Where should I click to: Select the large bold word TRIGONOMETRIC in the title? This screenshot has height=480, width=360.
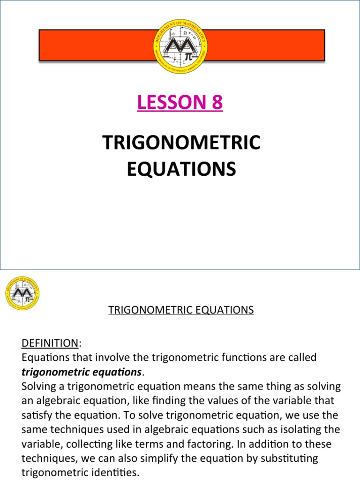(x=181, y=143)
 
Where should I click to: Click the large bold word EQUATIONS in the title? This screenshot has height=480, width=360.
(x=181, y=169)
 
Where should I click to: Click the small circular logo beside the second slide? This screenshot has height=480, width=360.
(x=22, y=293)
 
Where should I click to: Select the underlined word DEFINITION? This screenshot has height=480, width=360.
(x=50, y=344)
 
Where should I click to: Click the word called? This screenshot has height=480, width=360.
(x=301, y=358)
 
